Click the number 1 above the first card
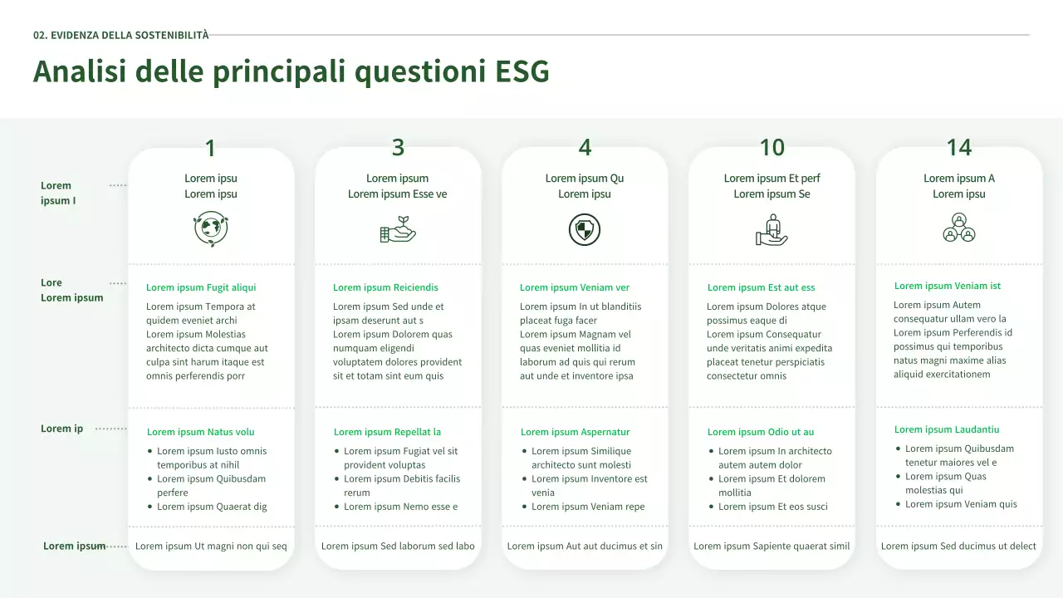[x=210, y=149]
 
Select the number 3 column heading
[x=398, y=148]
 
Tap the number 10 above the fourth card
[x=772, y=148]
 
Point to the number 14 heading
[x=958, y=148]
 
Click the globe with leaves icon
[x=211, y=229]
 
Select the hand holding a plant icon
[x=398, y=229]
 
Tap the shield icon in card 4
[x=585, y=229]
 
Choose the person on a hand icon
[x=772, y=229]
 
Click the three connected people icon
[x=958, y=228]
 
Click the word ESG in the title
[x=522, y=72]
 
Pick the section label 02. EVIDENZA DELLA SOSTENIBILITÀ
[x=121, y=35]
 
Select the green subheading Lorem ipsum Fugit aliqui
[x=201, y=287]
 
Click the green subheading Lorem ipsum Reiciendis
[x=385, y=287]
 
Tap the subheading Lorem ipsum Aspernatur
[x=575, y=432]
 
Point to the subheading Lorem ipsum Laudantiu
[x=947, y=429]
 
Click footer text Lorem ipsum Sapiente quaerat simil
[x=772, y=546]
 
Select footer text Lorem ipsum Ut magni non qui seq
[x=211, y=546]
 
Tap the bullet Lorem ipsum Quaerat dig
[x=212, y=507]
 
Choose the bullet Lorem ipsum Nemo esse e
[x=400, y=507]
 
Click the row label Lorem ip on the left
[x=62, y=429]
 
